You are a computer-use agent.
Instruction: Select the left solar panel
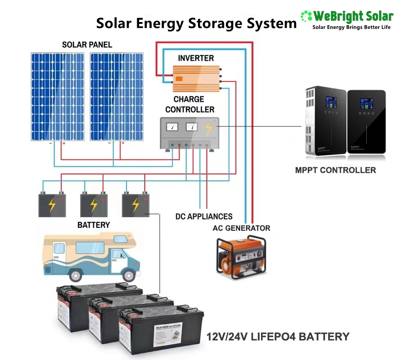tap(57, 96)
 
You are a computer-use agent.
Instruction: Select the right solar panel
tap(117, 96)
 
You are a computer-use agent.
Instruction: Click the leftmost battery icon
tap(52, 205)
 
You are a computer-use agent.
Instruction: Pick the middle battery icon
tap(93, 205)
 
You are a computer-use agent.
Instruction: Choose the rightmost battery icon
tap(135, 205)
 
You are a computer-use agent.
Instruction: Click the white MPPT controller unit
tap(325, 121)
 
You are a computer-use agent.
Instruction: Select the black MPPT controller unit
tap(366, 121)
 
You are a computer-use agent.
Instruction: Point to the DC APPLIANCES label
tap(204, 216)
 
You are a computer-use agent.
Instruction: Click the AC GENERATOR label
tap(242, 228)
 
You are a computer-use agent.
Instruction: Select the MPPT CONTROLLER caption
tap(336, 170)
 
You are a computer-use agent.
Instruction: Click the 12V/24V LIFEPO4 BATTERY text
tap(278, 337)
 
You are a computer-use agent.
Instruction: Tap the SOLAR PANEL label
tap(87, 45)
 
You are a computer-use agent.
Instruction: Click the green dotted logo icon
tap(306, 17)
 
